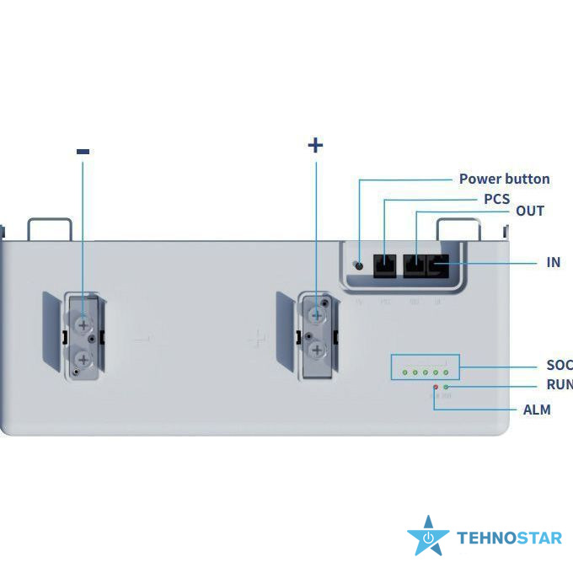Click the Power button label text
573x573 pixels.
504,179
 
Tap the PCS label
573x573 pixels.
496,199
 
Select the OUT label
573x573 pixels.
530,211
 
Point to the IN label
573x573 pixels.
553,262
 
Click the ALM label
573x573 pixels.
537,410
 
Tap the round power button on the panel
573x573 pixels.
360,265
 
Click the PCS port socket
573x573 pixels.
384,264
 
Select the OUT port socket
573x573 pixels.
415,264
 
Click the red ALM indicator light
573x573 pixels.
435,387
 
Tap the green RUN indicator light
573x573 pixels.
445,387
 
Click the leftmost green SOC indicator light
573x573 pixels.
404,372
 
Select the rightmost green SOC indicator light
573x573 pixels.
446,372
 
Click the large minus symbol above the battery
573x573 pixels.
83,152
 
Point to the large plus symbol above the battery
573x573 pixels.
315,145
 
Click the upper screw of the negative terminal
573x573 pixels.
83,323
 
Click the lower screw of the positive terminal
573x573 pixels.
315,348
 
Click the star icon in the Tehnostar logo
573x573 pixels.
428,536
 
